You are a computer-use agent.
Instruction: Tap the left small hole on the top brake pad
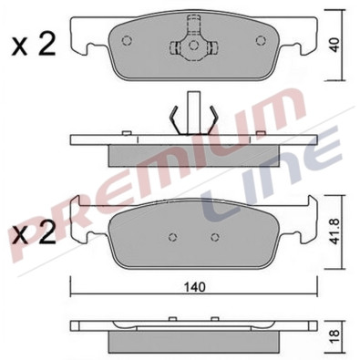point(127,41)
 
